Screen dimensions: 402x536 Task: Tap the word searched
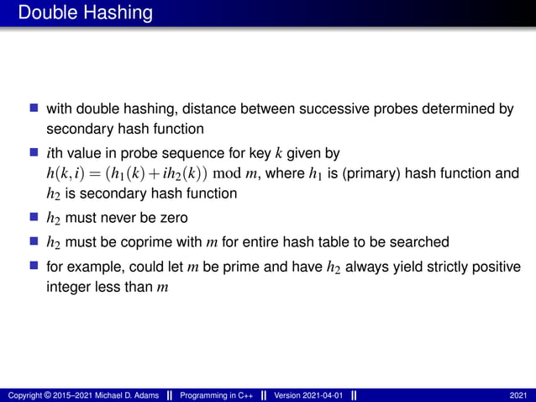(423, 242)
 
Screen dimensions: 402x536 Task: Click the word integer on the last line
(71, 288)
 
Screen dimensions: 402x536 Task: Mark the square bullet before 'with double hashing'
(34, 108)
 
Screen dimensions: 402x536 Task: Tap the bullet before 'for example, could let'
(34, 266)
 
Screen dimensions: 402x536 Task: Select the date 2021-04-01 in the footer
(322, 395)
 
